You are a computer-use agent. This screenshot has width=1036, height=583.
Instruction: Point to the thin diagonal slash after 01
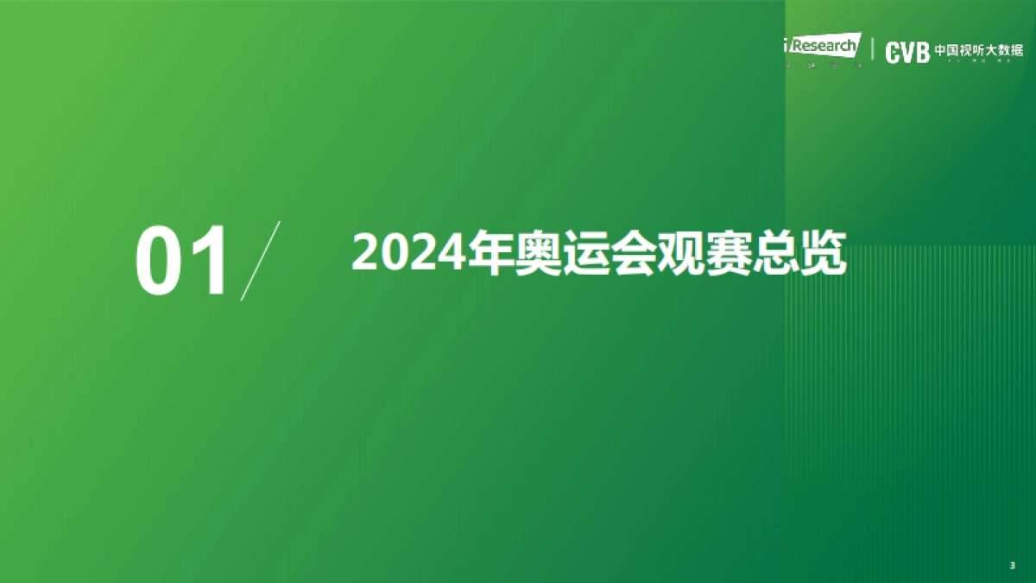[261, 260]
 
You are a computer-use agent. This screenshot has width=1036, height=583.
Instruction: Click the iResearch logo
[823, 46]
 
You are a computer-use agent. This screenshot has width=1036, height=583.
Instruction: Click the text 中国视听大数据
[978, 50]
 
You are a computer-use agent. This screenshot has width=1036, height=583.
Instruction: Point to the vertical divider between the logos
[873, 51]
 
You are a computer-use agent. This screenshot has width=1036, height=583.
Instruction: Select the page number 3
[1012, 565]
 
